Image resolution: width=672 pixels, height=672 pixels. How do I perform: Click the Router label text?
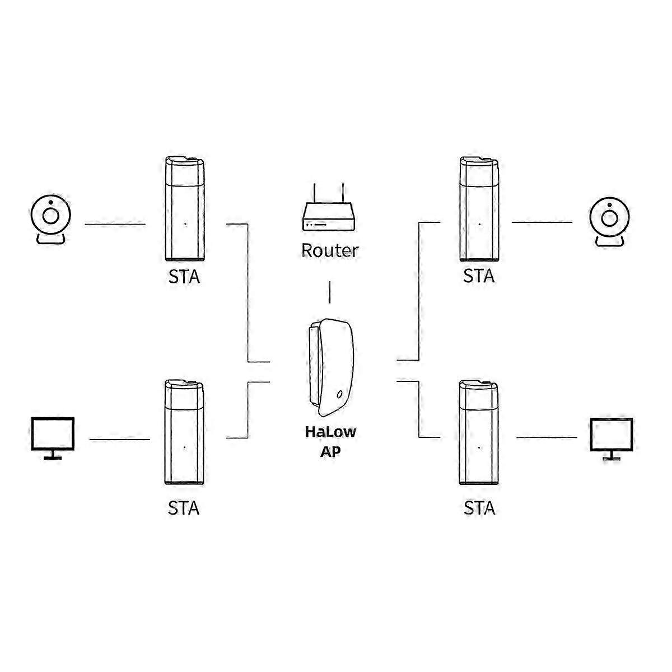(x=329, y=250)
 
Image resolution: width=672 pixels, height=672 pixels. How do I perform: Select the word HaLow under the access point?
(x=330, y=432)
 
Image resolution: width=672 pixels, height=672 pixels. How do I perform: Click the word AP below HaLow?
(x=330, y=451)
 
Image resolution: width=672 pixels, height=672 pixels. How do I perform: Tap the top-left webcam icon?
(x=51, y=220)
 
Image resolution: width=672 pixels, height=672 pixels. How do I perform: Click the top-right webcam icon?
(x=609, y=222)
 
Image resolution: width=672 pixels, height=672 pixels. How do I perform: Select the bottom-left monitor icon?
(x=53, y=438)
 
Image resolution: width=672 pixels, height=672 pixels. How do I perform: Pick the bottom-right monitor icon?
(x=612, y=439)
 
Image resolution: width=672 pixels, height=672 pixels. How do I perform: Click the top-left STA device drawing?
(x=184, y=209)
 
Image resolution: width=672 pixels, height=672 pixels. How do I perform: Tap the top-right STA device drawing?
(x=479, y=209)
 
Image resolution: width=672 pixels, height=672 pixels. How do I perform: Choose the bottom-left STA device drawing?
(x=184, y=432)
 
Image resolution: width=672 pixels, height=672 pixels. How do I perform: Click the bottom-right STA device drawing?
(x=479, y=432)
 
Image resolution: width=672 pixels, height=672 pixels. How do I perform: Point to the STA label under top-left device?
(x=184, y=277)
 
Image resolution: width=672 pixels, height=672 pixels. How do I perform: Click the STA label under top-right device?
(x=479, y=276)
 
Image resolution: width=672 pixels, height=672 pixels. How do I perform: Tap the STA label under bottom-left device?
(x=184, y=508)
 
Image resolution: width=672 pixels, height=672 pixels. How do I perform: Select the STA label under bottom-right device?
(x=479, y=508)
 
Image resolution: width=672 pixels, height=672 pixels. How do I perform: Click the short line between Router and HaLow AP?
(x=329, y=292)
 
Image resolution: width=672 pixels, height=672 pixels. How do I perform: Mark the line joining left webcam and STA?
(x=115, y=224)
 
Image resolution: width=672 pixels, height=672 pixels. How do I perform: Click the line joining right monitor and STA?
(x=547, y=437)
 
